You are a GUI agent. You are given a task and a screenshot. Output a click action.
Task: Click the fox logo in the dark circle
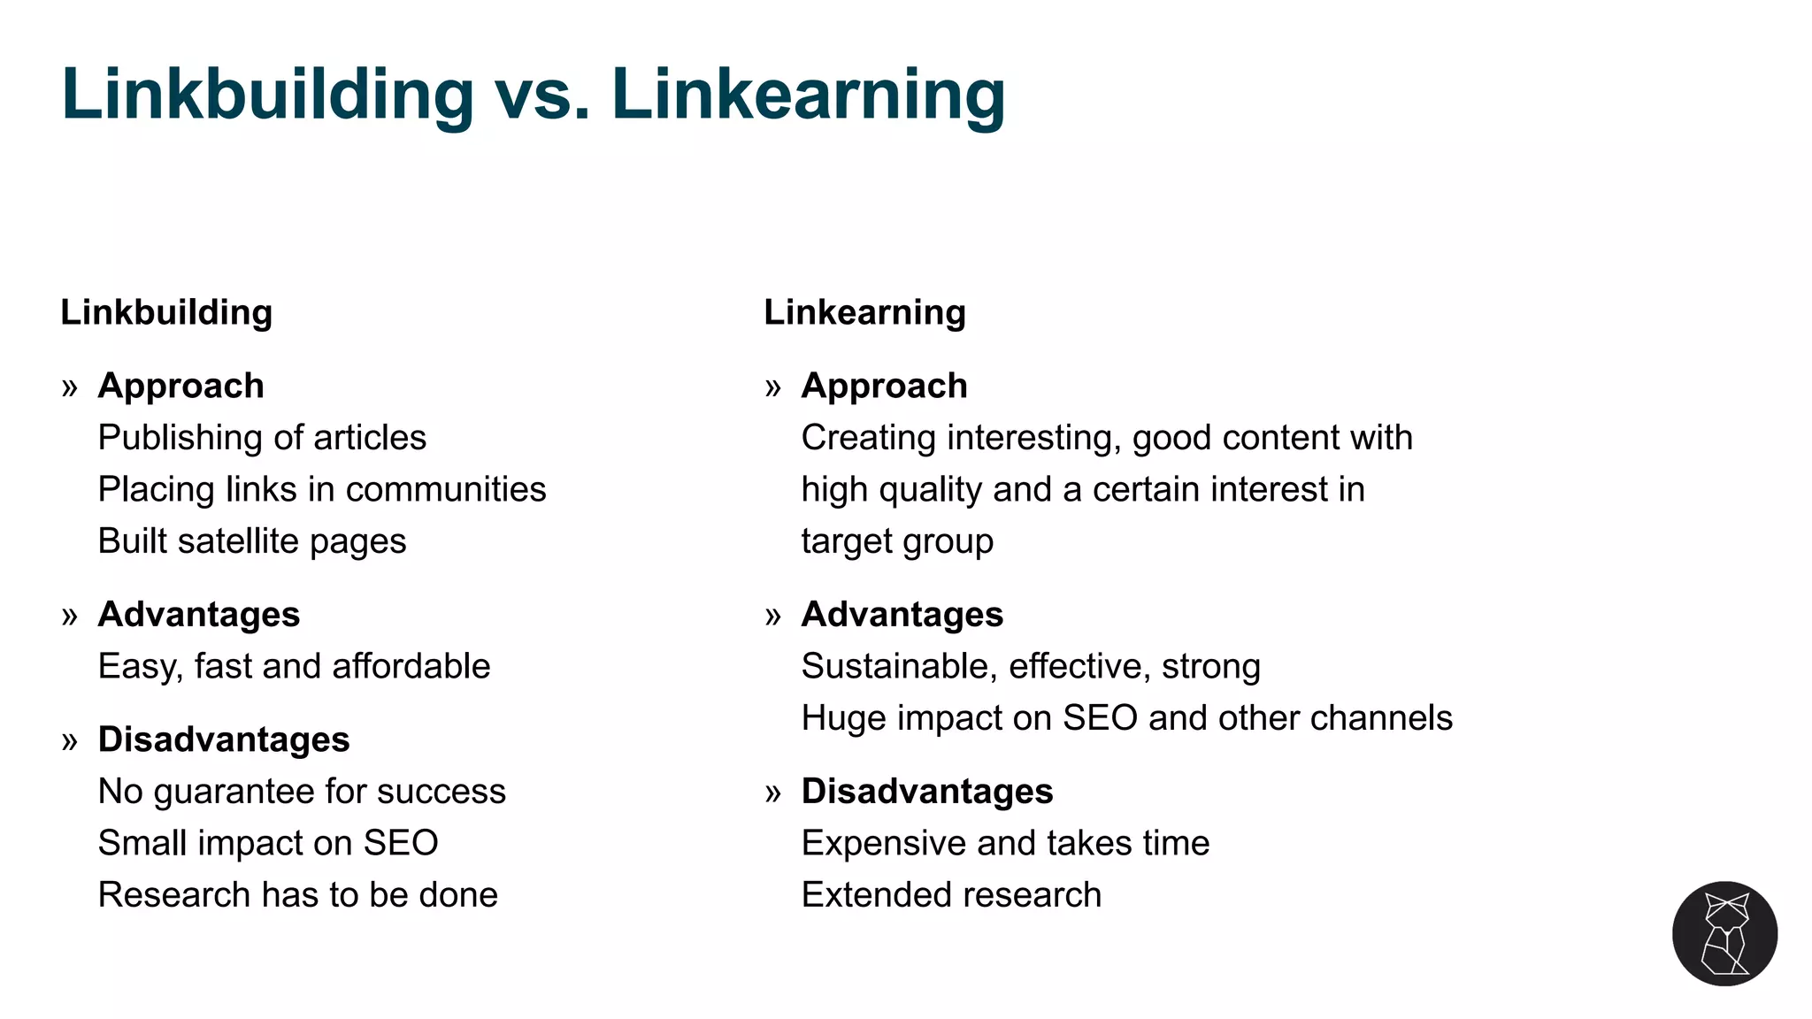coord(1724,933)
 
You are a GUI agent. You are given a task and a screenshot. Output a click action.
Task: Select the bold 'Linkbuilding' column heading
coord(166,312)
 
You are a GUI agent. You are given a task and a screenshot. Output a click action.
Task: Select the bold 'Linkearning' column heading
coord(864,312)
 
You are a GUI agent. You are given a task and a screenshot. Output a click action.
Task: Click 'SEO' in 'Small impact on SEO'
coord(401,843)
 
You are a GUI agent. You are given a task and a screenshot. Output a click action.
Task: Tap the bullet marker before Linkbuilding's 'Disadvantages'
coord(70,741)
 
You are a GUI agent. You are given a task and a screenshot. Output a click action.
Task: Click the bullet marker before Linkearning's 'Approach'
coord(773,387)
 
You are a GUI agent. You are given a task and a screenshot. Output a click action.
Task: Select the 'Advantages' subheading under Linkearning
coord(902,615)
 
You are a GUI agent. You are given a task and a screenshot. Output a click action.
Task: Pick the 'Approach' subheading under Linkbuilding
coord(180,387)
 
